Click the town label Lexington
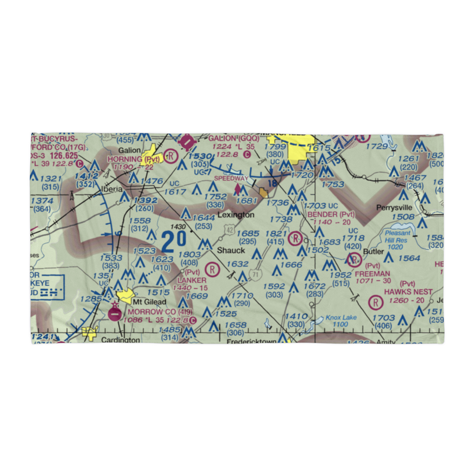[x=236, y=215]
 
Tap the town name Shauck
[x=231, y=250]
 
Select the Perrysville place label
[x=395, y=208]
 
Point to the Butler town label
[x=373, y=252]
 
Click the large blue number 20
[x=170, y=242]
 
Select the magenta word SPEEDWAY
[x=231, y=178]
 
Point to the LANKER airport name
[x=191, y=281]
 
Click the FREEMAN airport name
[x=372, y=274]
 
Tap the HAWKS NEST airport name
[x=408, y=291]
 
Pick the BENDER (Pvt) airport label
[x=331, y=214]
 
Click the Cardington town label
[x=121, y=340]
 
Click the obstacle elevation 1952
[x=341, y=275]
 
